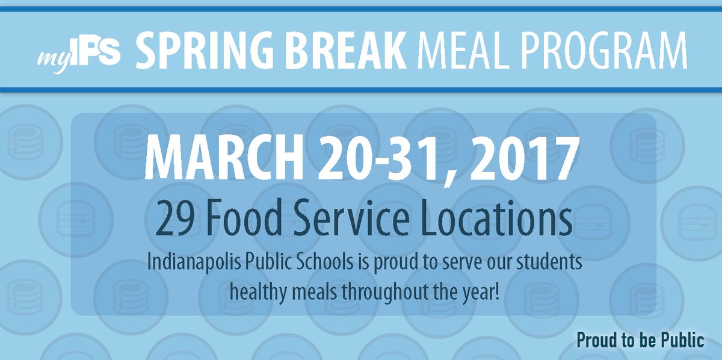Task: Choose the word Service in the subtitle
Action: point(356,220)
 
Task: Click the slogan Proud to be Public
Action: point(640,341)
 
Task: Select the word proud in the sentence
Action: point(390,264)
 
